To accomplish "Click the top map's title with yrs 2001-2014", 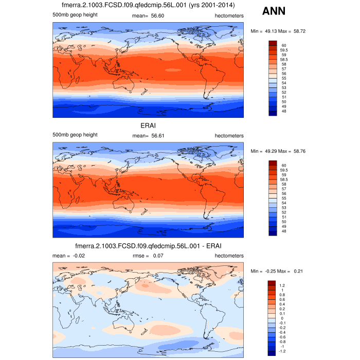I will tap(148, 6).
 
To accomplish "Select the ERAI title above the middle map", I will tap(148, 125).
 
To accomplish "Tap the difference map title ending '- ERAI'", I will tap(148, 246).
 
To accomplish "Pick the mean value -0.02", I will tap(72, 256).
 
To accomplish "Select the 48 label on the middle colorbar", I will tap(284, 231).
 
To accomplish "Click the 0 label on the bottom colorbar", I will tap(282, 318).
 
